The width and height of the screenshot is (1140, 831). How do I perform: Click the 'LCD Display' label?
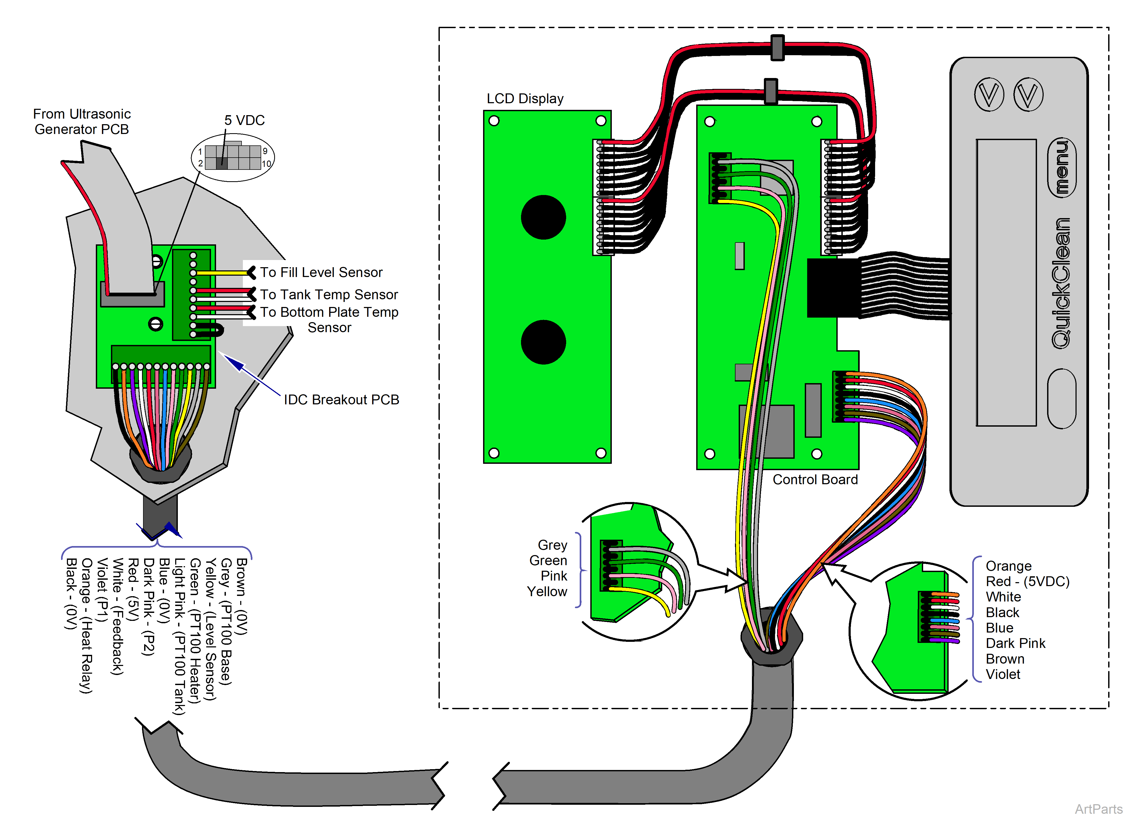point(525,99)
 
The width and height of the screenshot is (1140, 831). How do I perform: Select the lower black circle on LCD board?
point(543,342)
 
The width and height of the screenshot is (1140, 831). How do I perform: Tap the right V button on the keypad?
point(1028,94)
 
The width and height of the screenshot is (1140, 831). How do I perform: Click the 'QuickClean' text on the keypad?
point(1061,283)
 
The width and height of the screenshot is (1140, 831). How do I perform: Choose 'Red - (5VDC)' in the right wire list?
point(1027,582)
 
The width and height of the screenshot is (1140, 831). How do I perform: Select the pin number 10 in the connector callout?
point(266,164)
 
